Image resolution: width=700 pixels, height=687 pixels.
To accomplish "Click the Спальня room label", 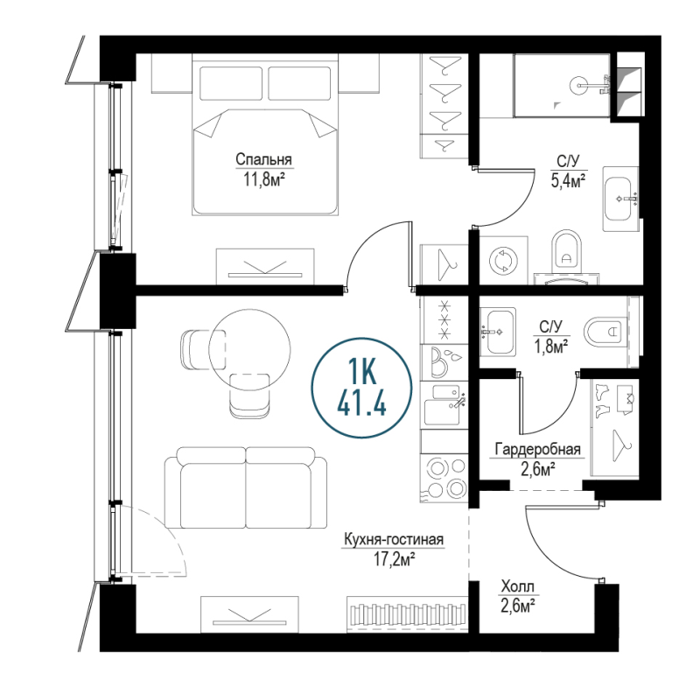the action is [263, 159].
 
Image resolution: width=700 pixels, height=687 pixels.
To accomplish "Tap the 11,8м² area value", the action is [264, 179].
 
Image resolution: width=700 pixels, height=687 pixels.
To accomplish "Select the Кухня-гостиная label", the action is [393, 540].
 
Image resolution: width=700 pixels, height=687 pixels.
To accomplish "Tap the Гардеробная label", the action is [538, 449].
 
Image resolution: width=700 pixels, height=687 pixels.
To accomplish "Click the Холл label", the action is [517, 586].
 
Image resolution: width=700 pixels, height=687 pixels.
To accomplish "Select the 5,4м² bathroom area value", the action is [568, 181].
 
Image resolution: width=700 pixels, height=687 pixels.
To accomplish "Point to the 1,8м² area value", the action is [551, 346].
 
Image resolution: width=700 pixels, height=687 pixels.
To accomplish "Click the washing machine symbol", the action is [503, 260].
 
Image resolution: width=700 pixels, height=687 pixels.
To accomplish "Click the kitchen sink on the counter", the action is [443, 405].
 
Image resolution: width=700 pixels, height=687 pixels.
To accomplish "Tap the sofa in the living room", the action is [246, 487].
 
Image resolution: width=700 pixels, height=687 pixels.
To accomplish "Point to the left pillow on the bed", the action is [231, 83].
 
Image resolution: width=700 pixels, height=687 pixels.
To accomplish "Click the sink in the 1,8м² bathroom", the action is [498, 331].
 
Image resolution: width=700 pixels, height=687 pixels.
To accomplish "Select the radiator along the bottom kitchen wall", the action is [407, 613].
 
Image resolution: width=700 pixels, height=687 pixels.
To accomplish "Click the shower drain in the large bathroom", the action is [579, 85].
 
